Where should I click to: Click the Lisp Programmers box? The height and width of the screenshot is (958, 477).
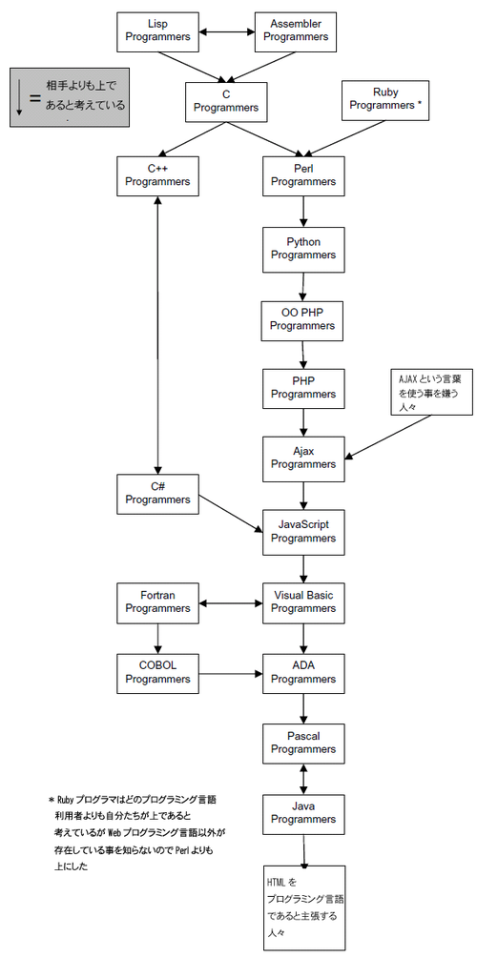[x=157, y=31]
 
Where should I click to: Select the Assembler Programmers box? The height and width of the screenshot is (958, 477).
[x=296, y=31]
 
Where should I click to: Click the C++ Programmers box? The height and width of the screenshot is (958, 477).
[x=157, y=175]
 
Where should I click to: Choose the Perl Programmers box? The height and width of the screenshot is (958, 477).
[x=302, y=175]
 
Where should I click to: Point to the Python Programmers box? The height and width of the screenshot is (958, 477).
[x=302, y=248]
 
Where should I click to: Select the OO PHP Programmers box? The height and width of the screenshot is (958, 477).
[x=302, y=319]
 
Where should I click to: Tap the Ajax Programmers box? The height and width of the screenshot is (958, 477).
[x=302, y=458]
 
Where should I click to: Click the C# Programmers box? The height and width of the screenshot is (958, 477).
[x=157, y=493]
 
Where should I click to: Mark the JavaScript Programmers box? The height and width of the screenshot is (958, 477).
[x=302, y=531]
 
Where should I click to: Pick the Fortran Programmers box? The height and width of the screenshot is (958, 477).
[x=157, y=602]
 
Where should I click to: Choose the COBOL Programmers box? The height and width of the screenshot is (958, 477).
[x=157, y=672]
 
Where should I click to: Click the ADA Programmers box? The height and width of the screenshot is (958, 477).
[x=302, y=672]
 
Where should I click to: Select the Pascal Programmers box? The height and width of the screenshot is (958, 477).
[x=302, y=743]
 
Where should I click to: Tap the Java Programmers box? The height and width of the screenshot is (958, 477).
[x=302, y=813]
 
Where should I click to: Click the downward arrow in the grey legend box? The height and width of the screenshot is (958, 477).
[x=19, y=99]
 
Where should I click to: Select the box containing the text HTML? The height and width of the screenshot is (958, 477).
[x=304, y=907]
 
